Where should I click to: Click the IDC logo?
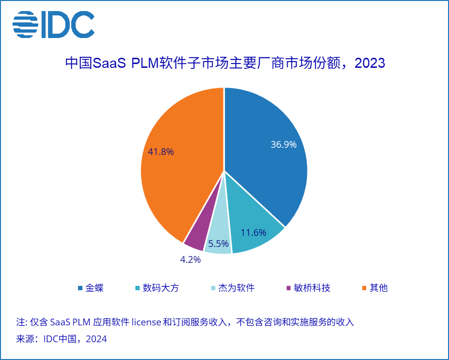point(53,24)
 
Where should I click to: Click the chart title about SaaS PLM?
point(225,63)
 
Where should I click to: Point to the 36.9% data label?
point(283,144)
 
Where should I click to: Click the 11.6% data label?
point(253,232)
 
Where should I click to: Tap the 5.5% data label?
point(218,244)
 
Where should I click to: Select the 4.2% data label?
point(190,260)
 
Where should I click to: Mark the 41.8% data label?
point(161,152)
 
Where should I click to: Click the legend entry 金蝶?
point(94,288)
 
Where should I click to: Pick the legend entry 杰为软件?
point(236,288)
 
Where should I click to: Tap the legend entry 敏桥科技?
point(312,288)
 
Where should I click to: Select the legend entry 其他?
point(378,288)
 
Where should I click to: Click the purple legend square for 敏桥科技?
point(289,288)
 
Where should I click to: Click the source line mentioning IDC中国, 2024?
point(62,339)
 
